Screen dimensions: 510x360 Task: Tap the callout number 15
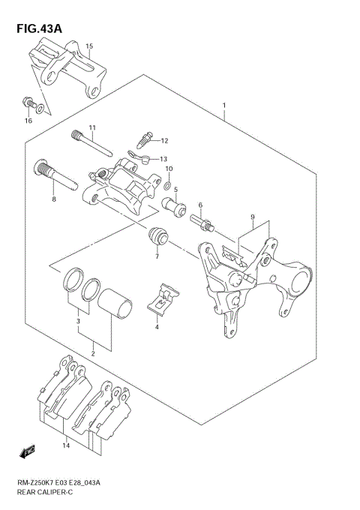[x=89, y=46]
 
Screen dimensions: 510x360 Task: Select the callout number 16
[x=28, y=120]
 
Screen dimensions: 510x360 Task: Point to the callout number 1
[x=223, y=106]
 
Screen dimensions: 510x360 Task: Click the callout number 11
[x=92, y=127]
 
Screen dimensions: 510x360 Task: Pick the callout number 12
[x=164, y=140]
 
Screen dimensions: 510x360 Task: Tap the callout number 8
[x=53, y=199]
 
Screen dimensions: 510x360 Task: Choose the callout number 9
[x=253, y=217]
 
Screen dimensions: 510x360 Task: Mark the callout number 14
[x=66, y=445]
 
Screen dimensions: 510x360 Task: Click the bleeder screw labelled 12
[x=146, y=137]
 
